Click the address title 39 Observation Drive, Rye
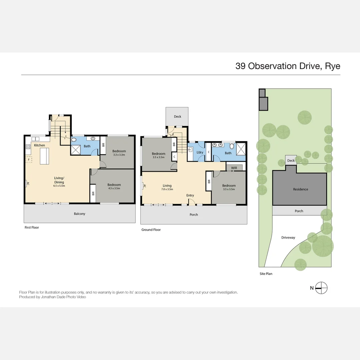pyautogui.click(x=288, y=66)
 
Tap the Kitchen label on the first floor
pyautogui.click(x=39, y=145)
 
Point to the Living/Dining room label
pyautogui.click(x=59, y=180)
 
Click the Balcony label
pyautogui.click(x=80, y=214)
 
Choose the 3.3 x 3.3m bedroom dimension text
pyautogui.click(x=119, y=155)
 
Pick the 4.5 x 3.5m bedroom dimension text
pyautogui.click(x=114, y=188)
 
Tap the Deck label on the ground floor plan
pyautogui.click(x=177, y=117)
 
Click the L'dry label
pyautogui.click(x=200, y=152)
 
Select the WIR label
pyautogui.click(x=234, y=168)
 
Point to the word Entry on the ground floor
pyautogui.click(x=190, y=195)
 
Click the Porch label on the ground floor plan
pyautogui.click(x=194, y=215)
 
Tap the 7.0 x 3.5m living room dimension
pyautogui.click(x=167, y=189)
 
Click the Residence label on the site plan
pyautogui.click(x=300, y=189)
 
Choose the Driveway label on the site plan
pyautogui.click(x=288, y=238)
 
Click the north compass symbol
pyautogui.click(x=322, y=288)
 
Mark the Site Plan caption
pyautogui.click(x=266, y=274)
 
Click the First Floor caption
pyautogui.click(x=32, y=227)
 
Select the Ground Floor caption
pyautogui.click(x=151, y=230)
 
